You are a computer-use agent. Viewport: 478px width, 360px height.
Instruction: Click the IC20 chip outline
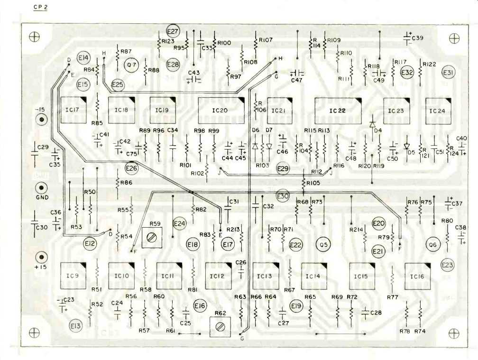(x=221, y=111)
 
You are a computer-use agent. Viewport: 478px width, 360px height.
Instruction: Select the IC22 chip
(x=338, y=111)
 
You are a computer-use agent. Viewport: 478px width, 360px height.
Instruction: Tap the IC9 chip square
(x=73, y=275)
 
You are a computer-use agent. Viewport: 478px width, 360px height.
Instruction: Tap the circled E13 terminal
(x=75, y=325)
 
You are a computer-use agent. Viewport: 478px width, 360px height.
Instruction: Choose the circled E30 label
(x=283, y=196)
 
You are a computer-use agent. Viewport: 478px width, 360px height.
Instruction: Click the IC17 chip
(x=73, y=110)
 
